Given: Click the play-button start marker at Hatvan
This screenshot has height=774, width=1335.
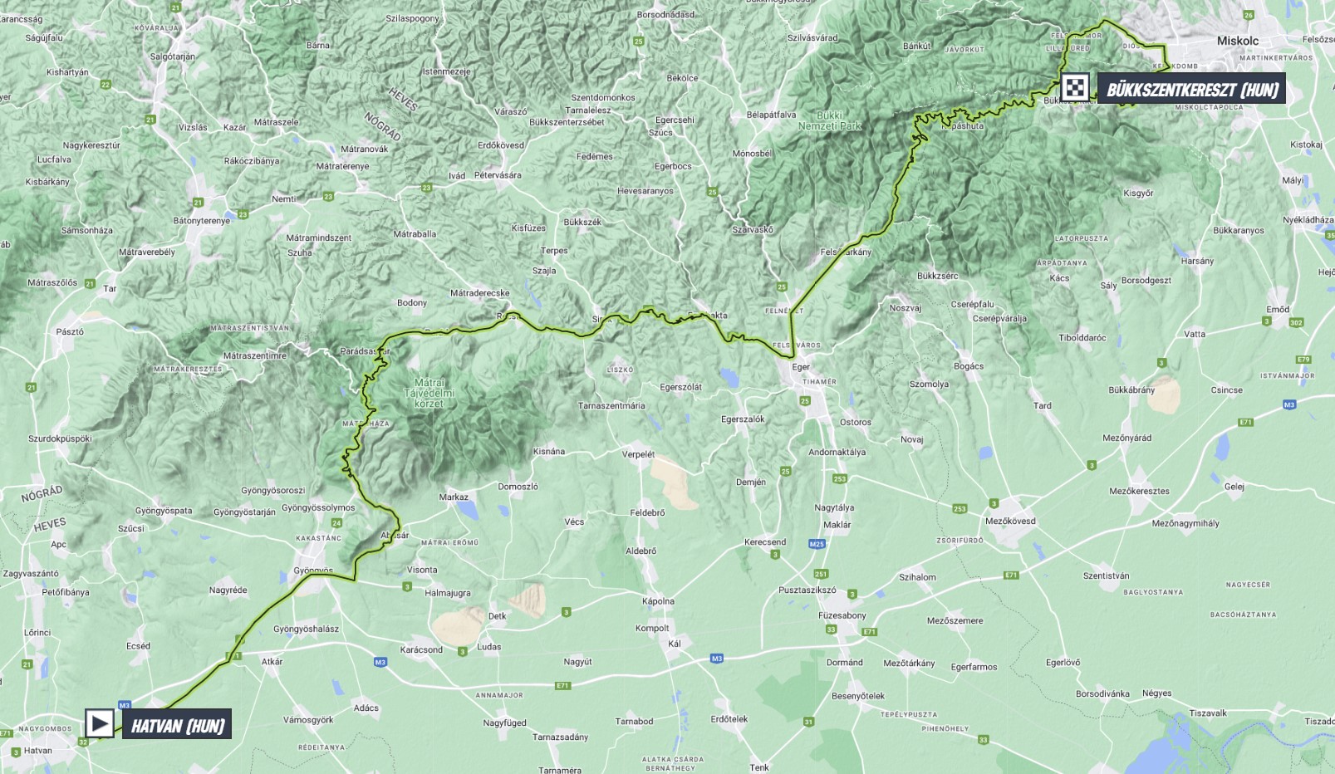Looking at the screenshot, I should click(x=100, y=723).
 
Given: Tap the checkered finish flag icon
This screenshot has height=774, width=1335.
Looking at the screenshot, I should click(x=1075, y=88).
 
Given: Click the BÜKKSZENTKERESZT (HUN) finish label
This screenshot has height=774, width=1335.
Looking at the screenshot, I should click(x=1191, y=90).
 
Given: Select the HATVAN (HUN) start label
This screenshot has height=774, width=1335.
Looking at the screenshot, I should click(x=177, y=726).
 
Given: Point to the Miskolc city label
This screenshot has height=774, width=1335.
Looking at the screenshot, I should click(x=1237, y=41).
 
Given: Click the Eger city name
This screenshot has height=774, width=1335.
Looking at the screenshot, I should click(x=801, y=367).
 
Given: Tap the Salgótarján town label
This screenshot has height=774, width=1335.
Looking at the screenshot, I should click(x=173, y=57).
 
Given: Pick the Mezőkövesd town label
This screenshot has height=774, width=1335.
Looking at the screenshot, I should click(x=1010, y=522).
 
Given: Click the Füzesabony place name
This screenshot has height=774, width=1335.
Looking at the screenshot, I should click(x=842, y=615).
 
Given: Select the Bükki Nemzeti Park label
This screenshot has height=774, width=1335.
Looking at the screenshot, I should click(x=829, y=121).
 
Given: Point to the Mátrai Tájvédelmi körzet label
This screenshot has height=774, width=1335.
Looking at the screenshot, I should click(x=429, y=394).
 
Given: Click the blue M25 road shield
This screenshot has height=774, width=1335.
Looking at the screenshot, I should click(x=817, y=545).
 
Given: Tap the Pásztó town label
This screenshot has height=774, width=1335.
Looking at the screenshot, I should click(x=70, y=332).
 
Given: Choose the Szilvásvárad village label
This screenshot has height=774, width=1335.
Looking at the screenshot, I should click(x=812, y=38).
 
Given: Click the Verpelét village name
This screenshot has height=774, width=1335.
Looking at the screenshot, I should click(x=638, y=454).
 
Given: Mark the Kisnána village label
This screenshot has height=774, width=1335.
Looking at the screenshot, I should click(x=548, y=452).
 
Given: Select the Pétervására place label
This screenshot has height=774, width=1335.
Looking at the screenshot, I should click(x=498, y=176).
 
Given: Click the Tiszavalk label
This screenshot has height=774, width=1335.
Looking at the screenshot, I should click(x=1208, y=713).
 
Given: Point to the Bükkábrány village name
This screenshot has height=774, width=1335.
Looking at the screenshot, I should click(x=1131, y=390).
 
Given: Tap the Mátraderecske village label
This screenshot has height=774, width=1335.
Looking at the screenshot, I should click(x=479, y=293).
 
